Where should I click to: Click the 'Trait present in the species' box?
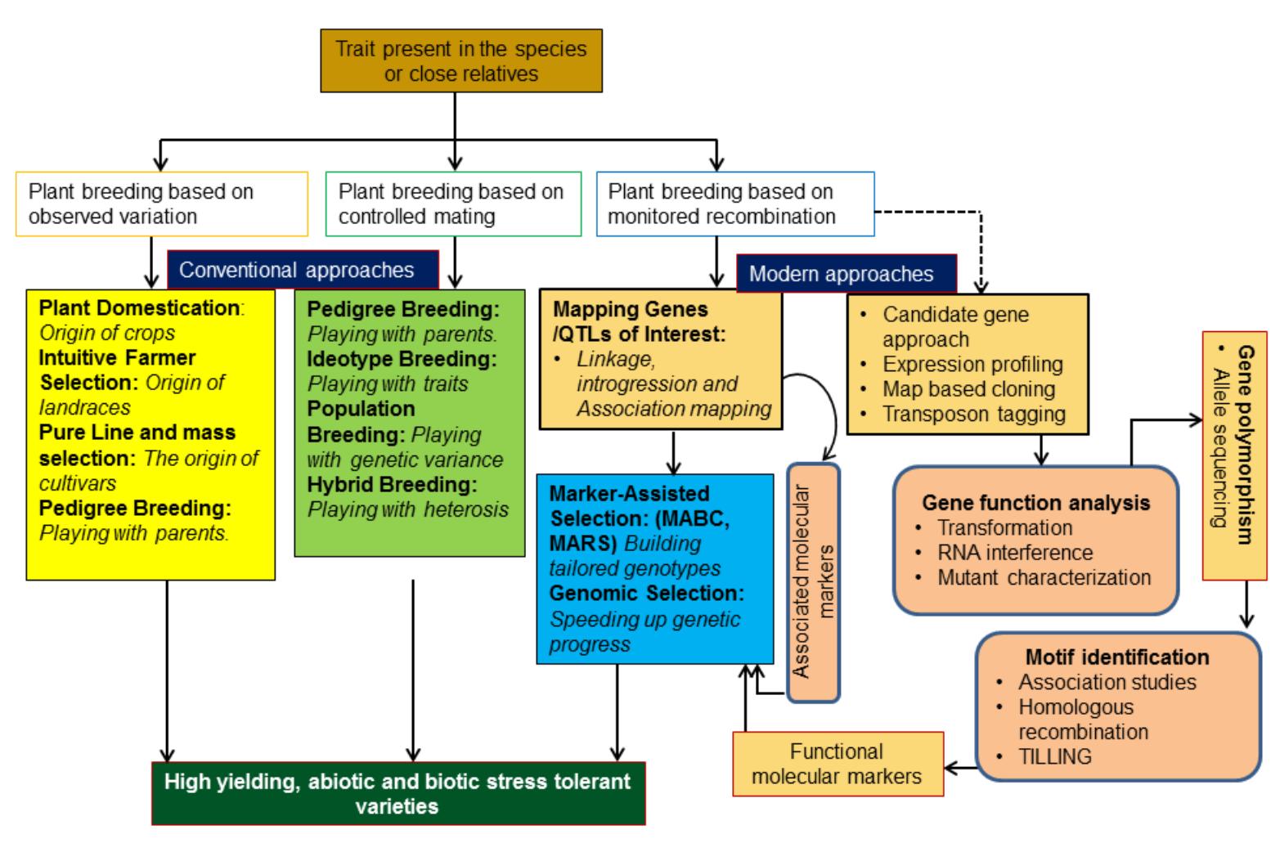click(x=461, y=61)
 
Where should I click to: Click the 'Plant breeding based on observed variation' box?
click(x=162, y=204)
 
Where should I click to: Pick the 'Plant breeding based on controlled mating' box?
click(x=453, y=204)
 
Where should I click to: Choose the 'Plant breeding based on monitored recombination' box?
click(x=734, y=204)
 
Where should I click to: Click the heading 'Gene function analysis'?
click(x=1035, y=502)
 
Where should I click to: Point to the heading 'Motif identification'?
click(x=1116, y=657)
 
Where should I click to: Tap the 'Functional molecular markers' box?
click(x=837, y=764)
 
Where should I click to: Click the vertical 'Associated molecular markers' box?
click(x=813, y=582)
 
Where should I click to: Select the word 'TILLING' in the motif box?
click(x=1054, y=756)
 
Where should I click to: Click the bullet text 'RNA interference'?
click(x=1014, y=553)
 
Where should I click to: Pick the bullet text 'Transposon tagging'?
click(x=973, y=414)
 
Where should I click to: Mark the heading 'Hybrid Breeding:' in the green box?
click(x=392, y=484)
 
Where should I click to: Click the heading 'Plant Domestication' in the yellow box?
click(x=138, y=308)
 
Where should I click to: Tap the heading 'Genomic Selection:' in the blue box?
click(x=646, y=593)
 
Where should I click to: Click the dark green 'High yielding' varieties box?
click(x=397, y=793)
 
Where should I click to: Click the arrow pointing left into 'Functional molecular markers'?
click(x=950, y=768)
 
